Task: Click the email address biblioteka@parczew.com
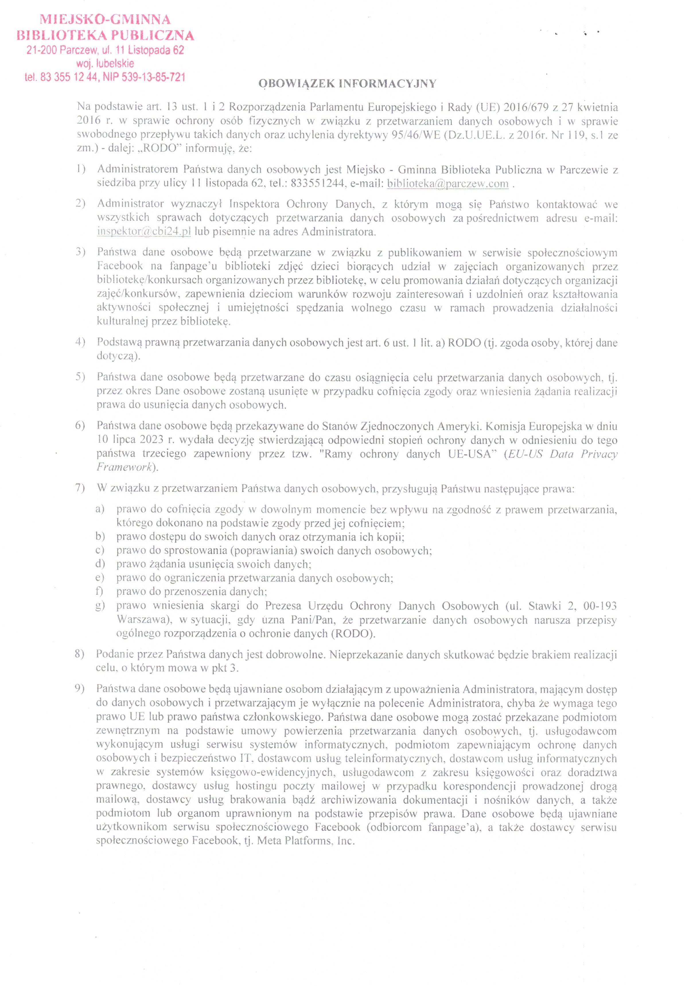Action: pos(447,184)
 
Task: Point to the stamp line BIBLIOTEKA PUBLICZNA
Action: pos(105,35)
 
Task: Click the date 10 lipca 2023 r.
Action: pos(134,440)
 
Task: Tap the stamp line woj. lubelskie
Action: pos(105,64)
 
